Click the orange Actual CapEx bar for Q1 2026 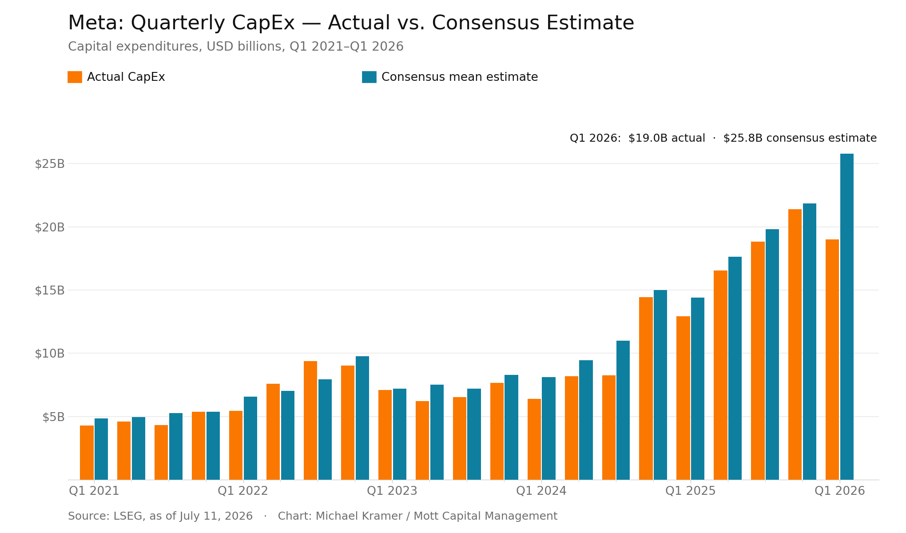(x=832, y=359)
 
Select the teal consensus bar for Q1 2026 (x=847, y=317)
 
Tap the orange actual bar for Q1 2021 (x=87, y=453)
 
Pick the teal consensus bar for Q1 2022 (x=250, y=438)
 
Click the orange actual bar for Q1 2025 (x=683, y=398)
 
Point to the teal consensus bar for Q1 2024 (x=548, y=428)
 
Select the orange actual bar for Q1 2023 (x=385, y=435)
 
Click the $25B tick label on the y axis (x=50, y=164)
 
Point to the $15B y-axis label (x=50, y=290)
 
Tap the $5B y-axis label (x=53, y=417)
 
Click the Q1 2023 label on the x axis (x=392, y=491)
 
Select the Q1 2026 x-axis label (x=840, y=491)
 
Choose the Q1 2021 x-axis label (x=94, y=491)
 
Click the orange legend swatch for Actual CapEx (x=75, y=77)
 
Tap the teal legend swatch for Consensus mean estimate (x=369, y=77)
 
